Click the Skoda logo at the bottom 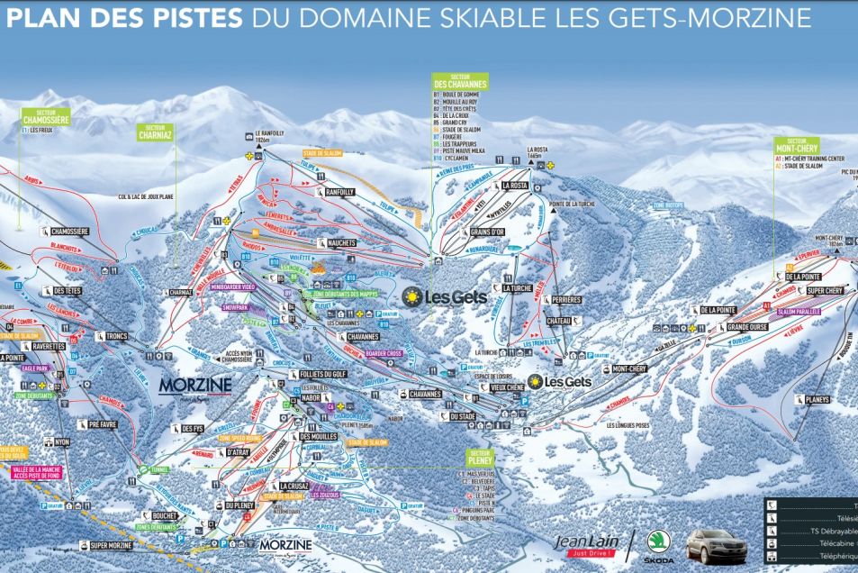(657, 545)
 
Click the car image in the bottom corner (717, 546)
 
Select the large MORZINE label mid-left (195, 385)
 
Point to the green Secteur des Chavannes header (460, 82)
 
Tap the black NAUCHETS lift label (336, 243)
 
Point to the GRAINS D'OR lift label (487, 232)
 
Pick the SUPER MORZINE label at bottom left (111, 546)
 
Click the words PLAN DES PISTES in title (122, 18)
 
